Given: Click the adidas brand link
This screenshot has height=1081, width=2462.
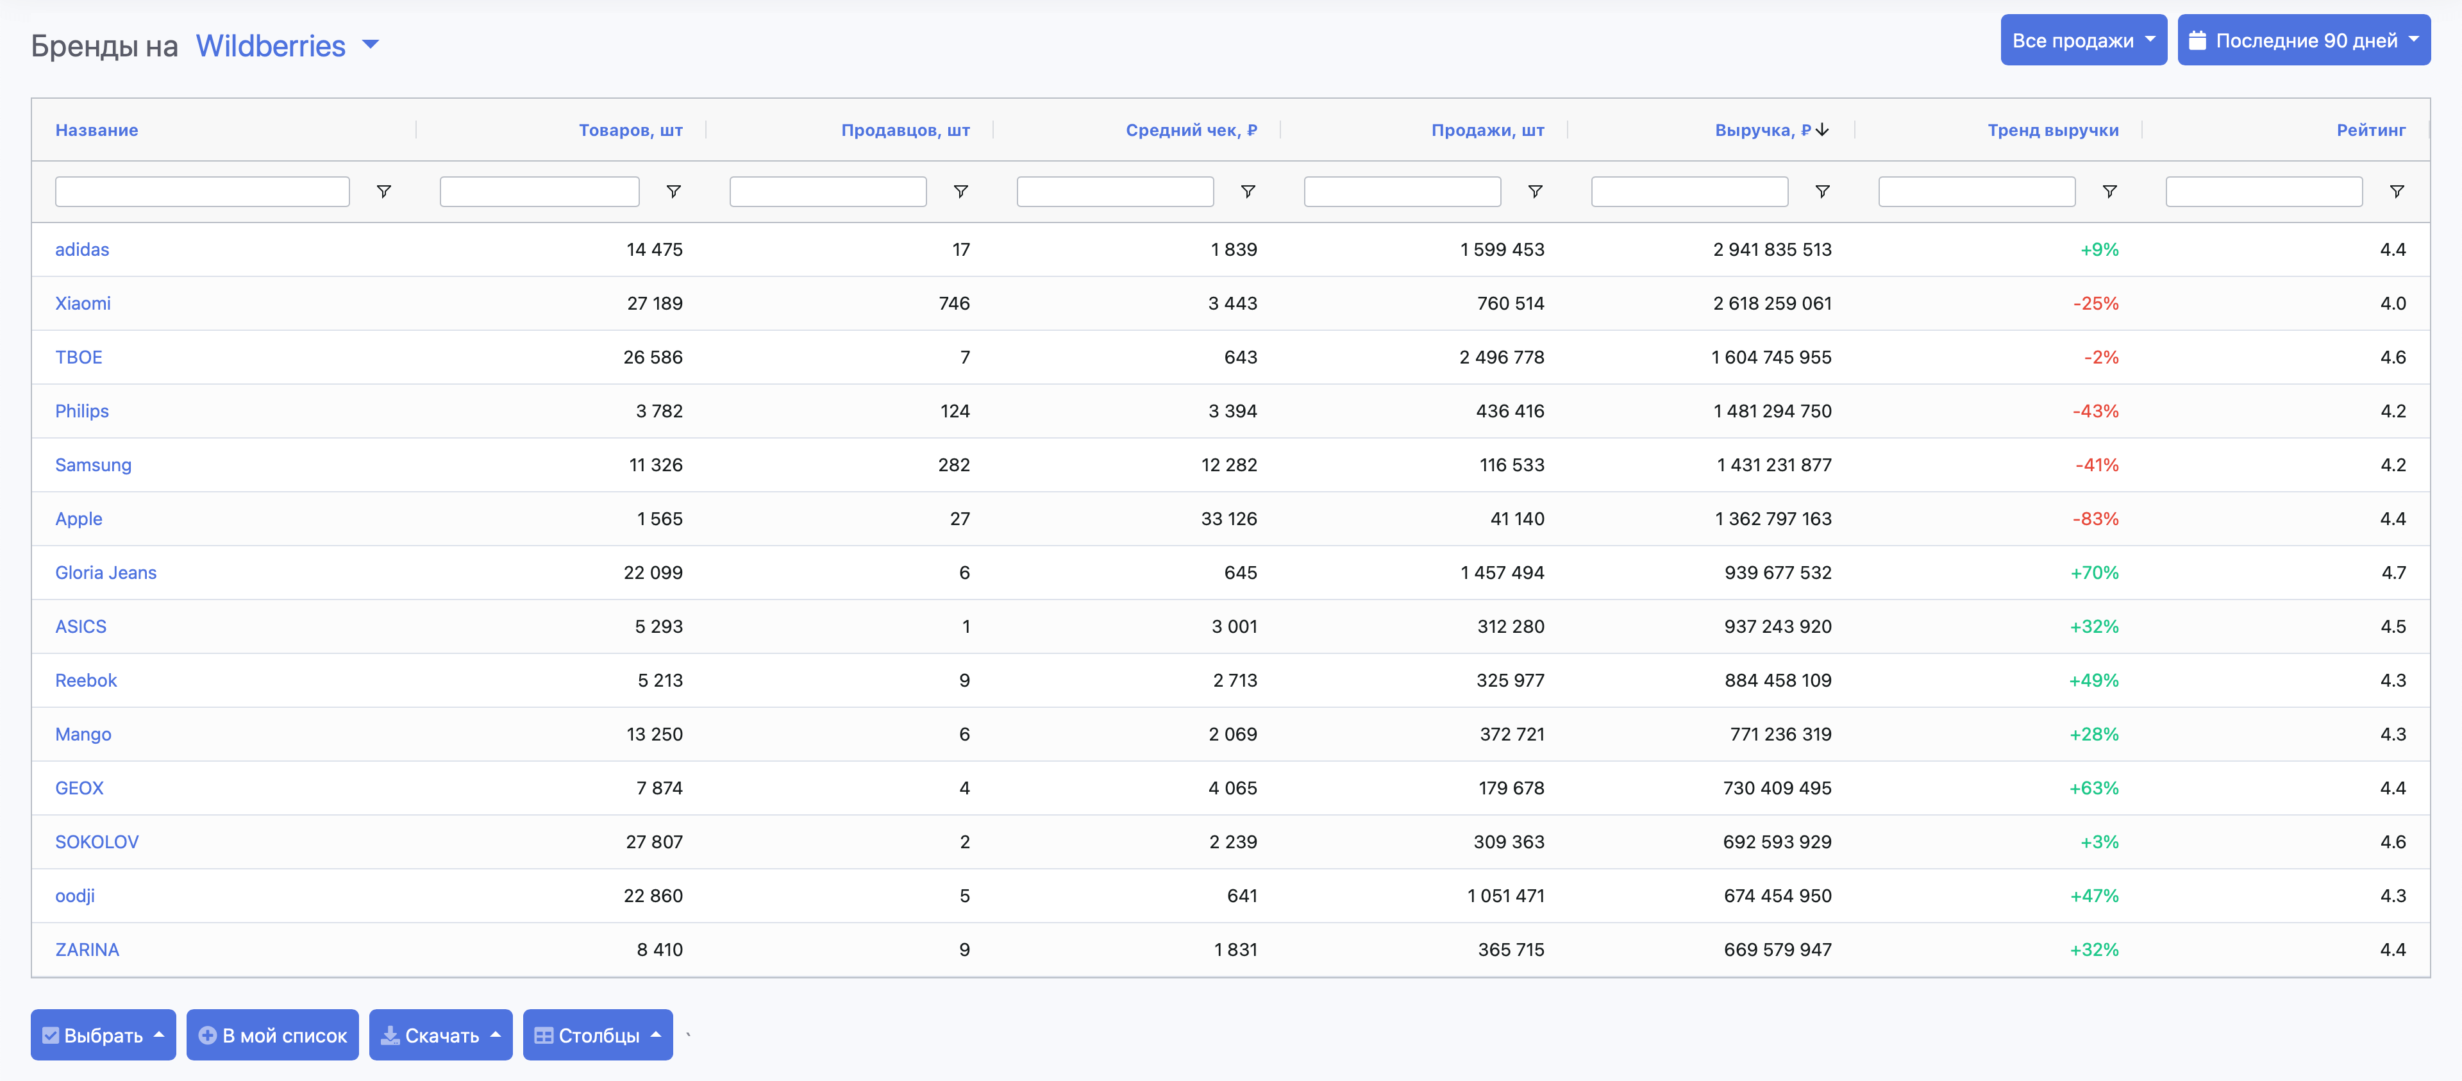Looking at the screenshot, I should click(x=82, y=249).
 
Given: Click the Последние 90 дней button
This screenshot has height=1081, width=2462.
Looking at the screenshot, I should click(x=2304, y=40).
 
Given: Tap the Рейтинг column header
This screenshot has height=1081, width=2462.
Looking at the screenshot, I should click(x=2370, y=130).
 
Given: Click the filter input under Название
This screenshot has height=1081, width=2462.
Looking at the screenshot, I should click(x=202, y=191).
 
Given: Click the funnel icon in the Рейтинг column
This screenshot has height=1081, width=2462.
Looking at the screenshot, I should click(x=2396, y=191).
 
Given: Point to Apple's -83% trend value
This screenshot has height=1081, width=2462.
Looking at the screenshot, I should click(x=2095, y=519).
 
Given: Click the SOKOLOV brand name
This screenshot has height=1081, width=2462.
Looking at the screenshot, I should click(x=97, y=842).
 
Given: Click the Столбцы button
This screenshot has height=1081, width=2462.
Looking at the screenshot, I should click(x=598, y=1035).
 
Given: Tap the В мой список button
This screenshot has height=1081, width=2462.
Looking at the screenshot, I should click(x=272, y=1035).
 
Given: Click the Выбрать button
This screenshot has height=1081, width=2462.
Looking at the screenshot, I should click(x=103, y=1035).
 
